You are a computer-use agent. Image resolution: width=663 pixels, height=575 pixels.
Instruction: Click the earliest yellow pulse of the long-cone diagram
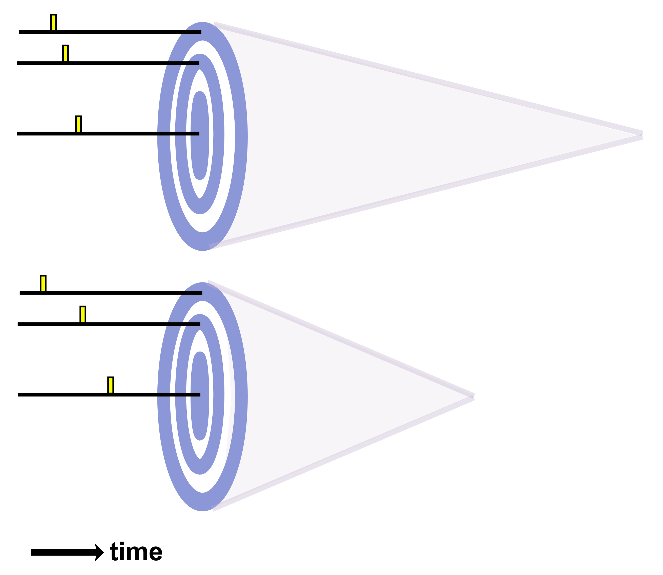[54, 23]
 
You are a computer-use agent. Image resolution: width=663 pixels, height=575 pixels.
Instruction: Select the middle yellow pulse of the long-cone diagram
[66, 53]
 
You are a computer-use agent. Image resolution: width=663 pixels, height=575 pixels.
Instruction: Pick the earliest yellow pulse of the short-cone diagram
[43, 283]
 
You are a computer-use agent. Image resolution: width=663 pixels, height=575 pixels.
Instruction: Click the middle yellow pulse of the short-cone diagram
[83, 314]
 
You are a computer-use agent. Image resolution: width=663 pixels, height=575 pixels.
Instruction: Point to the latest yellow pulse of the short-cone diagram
[111, 385]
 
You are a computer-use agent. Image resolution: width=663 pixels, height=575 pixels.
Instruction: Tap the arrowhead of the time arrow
[99, 552]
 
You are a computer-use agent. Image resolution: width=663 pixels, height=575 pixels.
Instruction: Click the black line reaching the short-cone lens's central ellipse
[144, 395]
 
